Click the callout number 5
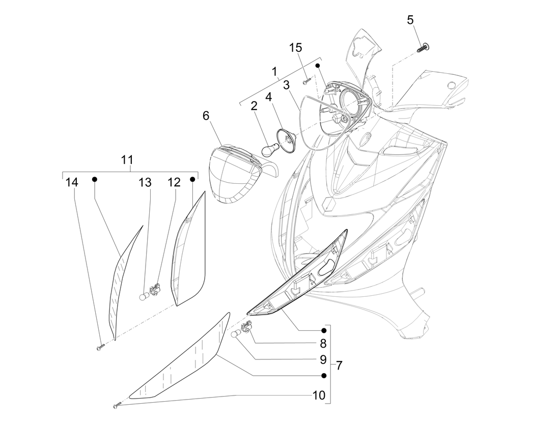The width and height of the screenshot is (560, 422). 410,20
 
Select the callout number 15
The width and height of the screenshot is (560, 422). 296,47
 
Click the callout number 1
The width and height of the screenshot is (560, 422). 275,71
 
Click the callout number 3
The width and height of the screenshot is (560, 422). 287,85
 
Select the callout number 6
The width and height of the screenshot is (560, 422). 206,116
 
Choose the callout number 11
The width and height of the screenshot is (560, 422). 127,160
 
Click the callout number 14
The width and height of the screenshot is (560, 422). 72,182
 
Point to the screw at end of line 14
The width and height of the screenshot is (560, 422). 100,347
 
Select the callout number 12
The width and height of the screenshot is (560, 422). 174,182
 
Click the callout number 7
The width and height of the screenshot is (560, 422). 339,365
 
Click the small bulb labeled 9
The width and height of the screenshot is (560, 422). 236,333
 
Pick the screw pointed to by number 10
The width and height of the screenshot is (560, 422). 117,406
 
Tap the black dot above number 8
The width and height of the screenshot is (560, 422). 323,330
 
